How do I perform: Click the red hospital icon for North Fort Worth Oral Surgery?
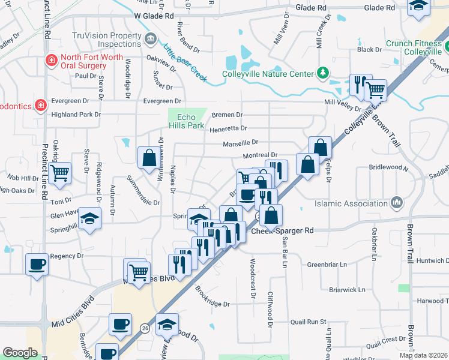[52, 61]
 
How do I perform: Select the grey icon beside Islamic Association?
[396, 203]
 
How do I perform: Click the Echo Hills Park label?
[186, 121]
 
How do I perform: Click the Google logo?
[20, 353]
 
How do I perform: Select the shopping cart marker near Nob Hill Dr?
[59, 173]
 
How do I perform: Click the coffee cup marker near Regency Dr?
[37, 264]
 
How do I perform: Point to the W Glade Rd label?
[154, 16]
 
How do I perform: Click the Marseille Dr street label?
[240, 143]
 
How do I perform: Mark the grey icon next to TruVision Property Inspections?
[151, 40]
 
